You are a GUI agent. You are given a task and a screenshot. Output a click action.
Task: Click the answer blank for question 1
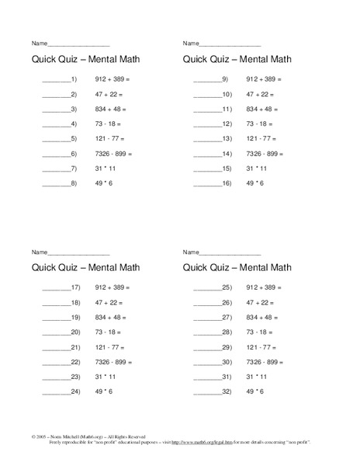click(56, 81)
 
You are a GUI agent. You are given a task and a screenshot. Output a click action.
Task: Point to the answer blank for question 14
click(207, 155)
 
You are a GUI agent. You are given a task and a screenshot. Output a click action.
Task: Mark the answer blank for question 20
click(56, 332)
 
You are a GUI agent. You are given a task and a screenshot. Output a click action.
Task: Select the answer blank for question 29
click(207, 348)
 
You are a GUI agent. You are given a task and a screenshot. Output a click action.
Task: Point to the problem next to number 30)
click(265, 362)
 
